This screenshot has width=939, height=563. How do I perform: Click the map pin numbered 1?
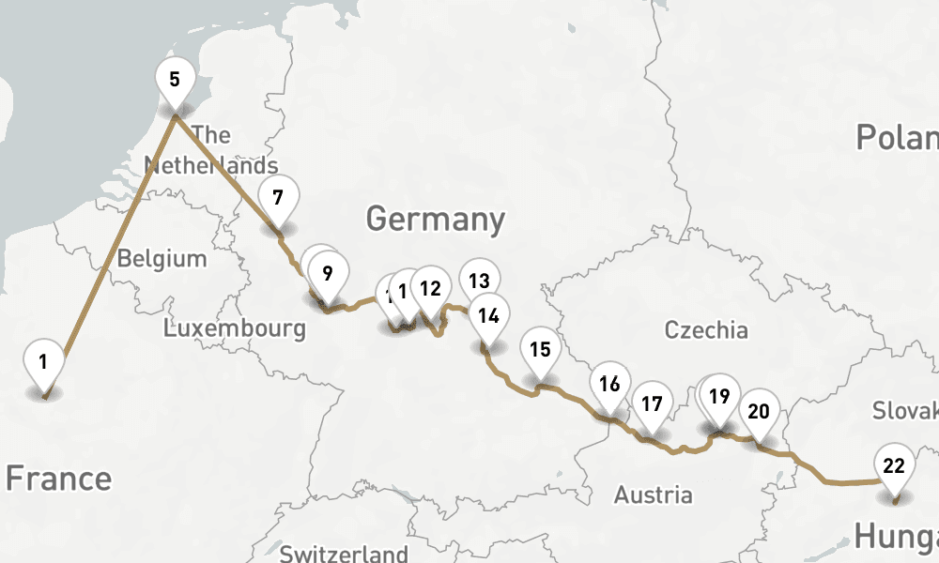(x=43, y=361)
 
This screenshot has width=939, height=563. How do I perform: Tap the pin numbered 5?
(x=175, y=79)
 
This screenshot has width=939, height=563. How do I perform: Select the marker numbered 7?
(x=277, y=198)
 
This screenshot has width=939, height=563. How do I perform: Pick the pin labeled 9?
(x=327, y=274)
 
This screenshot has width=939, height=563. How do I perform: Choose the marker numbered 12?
(x=430, y=288)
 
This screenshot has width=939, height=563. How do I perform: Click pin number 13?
(x=479, y=280)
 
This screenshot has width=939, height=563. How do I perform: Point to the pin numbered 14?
(x=488, y=315)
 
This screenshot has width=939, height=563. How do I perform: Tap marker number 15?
(x=539, y=350)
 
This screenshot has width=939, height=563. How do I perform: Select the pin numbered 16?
(x=608, y=384)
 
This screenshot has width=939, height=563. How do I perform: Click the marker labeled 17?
(x=652, y=404)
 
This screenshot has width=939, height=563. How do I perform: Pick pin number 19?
(x=719, y=396)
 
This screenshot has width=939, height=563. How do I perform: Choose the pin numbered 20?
(x=759, y=411)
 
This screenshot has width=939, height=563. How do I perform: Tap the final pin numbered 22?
(x=894, y=465)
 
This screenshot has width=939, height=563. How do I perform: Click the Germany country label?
(x=436, y=220)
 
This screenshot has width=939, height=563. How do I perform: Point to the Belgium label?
(x=162, y=258)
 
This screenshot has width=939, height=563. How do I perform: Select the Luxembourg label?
(x=235, y=328)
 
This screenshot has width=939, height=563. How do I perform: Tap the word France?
(x=58, y=479)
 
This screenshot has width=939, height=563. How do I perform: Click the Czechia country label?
(x=706, y=330)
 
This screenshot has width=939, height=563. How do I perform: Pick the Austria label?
(x=654, y=495)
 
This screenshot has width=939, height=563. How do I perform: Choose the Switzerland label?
(x=344, y=554)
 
